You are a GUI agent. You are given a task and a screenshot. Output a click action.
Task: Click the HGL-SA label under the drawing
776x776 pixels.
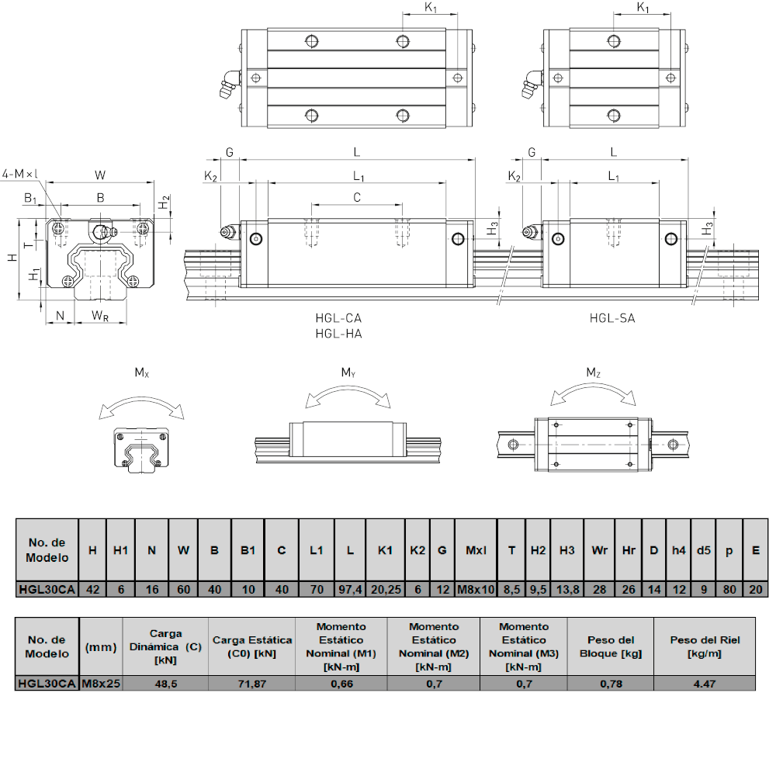(611, 318)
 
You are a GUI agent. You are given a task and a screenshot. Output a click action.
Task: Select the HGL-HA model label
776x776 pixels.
(338, 334)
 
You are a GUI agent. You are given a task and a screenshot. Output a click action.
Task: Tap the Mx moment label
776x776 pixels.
(141, 372)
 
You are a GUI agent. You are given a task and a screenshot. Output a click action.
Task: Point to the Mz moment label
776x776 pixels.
(593, 372)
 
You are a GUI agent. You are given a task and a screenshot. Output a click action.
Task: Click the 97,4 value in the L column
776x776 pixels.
(350, 590)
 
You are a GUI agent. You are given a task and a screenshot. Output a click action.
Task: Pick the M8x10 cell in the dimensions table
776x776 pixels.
(476, 590)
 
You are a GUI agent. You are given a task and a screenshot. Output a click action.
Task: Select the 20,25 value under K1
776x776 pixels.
(386, 590)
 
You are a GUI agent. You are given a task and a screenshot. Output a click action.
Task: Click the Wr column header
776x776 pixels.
(599, 550)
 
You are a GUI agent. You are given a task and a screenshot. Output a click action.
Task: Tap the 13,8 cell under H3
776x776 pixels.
(567, 590)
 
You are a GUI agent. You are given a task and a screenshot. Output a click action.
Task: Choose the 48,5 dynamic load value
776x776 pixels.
(165, 684)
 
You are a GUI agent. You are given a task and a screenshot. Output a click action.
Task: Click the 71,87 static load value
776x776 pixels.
(252, 684)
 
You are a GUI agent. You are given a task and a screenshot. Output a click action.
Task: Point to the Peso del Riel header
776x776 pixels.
(705, 647)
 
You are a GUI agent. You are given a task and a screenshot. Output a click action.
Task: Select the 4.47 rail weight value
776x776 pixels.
(705, 684)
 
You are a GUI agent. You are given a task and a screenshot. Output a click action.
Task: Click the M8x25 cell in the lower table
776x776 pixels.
(100, 684)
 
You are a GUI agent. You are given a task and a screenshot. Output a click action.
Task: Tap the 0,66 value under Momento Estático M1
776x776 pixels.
(341, 684)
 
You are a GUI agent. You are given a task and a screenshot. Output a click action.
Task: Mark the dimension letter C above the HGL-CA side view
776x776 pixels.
(357, 198)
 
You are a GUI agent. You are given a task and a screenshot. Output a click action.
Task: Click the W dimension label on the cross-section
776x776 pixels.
(100, 175)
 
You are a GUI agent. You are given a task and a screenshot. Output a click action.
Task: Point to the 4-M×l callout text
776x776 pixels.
(21, 174)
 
